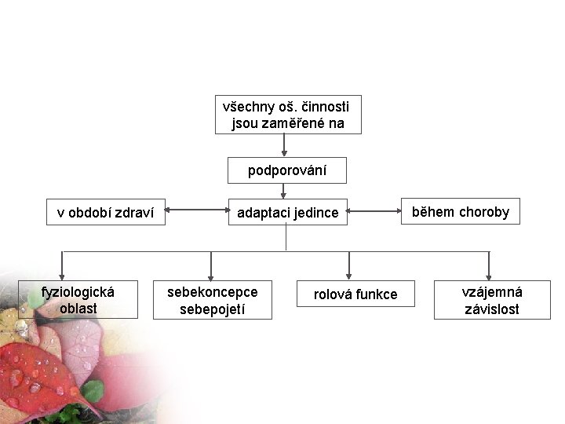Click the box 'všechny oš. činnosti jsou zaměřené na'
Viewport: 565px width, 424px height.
coord(288,115)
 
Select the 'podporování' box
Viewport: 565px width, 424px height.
coord(287,170)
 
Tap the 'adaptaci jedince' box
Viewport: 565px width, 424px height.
coord(287,212)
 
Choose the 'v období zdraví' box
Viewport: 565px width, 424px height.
coord(105,212)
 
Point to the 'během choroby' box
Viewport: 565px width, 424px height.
coord(461,211)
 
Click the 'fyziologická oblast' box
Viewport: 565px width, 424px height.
coord(78,300)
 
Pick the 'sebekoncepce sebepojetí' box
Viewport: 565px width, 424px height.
coord(212,300)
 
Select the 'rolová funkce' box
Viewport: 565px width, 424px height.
coord(355,294)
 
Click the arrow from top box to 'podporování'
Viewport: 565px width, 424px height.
coord(284,145)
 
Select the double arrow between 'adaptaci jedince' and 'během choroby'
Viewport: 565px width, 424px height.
coord(374,210)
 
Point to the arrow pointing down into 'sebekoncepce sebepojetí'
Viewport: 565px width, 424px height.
coord(210,265)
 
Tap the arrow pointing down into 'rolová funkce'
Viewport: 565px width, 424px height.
coord(349,265)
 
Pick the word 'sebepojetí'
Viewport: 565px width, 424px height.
coord(212,309)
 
